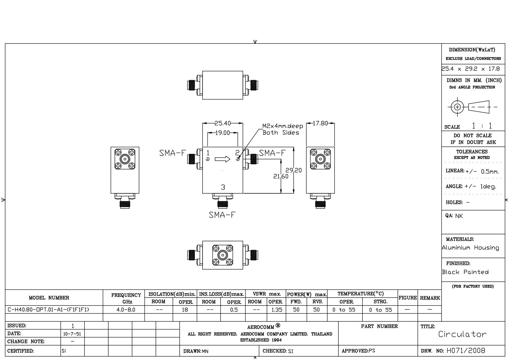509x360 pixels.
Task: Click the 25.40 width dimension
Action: [x=223, y=123]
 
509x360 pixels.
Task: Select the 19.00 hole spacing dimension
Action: [x=223, y=133]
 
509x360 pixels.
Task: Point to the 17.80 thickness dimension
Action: [x=320, y=123]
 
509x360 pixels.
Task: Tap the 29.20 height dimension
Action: [x=293, y=170]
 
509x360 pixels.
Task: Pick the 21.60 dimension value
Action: [x=281, y=176]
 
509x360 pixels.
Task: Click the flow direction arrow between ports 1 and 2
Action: [x=223, y=159]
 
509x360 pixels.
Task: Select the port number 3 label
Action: [x=223, y=187]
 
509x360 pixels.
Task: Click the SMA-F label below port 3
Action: [x=222, y=215]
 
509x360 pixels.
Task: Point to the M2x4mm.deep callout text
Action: [x=283, y=126]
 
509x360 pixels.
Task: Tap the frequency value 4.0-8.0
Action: [x=126, y=310]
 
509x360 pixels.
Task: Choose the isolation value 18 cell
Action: [x=185, y=310]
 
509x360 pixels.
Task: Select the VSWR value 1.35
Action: [x=277, y=310]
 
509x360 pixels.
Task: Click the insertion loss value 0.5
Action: [x=234, y=310]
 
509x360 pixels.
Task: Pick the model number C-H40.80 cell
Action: [x=48, y=310]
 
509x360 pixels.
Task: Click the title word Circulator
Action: [x=462, y=334]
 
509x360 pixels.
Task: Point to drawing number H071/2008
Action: [x=466, y=351]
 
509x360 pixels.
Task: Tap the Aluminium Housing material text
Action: [x=470, y=248]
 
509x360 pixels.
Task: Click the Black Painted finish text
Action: [x=465, y=272]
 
